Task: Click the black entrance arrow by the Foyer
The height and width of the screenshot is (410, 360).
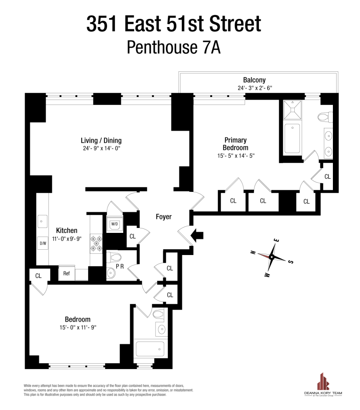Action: click(198, 235)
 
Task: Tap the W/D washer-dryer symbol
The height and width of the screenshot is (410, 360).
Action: click(114, 224)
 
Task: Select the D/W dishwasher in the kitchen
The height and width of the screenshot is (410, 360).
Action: click(43, 243)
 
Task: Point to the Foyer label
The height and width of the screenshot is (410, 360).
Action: click(163, 217)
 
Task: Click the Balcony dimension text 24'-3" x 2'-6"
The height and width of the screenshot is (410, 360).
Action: click(255, 88)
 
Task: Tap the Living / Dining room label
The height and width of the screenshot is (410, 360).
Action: click(101, 141)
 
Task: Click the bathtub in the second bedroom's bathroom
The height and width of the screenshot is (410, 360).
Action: click(150, 348)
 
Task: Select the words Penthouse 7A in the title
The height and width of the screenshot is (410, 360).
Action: click(174, 47)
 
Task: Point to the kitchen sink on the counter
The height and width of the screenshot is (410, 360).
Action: click(42, 221)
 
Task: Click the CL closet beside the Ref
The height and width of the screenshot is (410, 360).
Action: click(38, 276)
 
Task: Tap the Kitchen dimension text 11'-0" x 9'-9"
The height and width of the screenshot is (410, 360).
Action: click(67, 239)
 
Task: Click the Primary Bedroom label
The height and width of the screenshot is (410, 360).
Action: click(236, 143)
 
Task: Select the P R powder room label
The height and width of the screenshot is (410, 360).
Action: click(120, 266)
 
